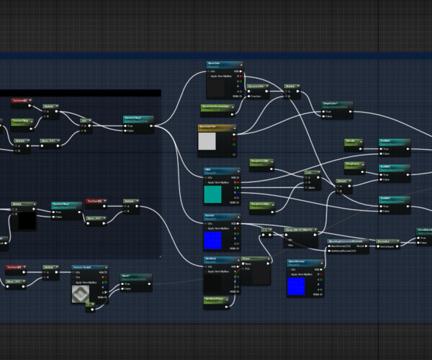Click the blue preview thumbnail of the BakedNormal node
[296, 286]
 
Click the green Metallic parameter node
[352, 141]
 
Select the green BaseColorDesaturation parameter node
[217, 109]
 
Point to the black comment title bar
[79, 93]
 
